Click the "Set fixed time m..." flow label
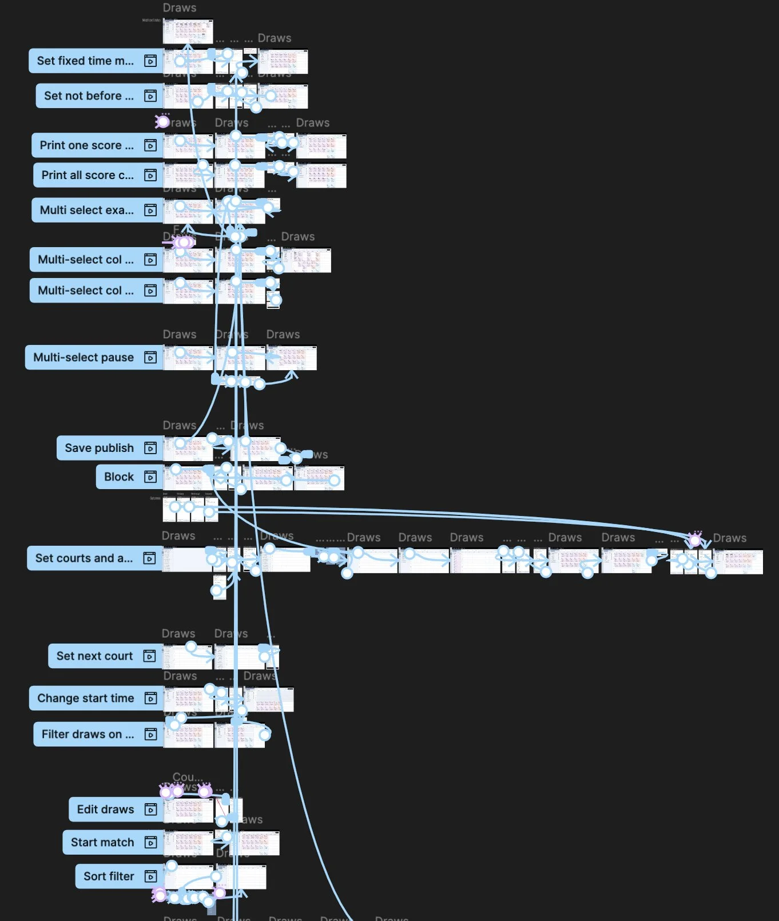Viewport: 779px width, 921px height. [x=85, y=61]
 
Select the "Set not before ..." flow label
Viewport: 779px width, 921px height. [x=89, y=96]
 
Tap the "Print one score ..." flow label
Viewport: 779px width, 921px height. [x=86, y=145]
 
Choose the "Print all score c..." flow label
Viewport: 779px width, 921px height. [x=87, y=175]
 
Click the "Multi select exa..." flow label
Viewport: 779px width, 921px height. [x=86, y=210]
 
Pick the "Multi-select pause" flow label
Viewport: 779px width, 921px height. [x=84, y=358]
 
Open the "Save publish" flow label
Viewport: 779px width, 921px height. [x=99, y=448]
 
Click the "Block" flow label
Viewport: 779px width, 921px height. [x=119, y=477]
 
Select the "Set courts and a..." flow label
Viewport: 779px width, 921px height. [x=84, y=558]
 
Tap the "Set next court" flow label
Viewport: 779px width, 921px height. [x=94, y=656]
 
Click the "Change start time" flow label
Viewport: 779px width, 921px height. [x=85, y=698]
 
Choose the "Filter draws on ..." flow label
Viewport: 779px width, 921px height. [x=88, y=735]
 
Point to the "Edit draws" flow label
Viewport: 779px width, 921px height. [x=105, y=809]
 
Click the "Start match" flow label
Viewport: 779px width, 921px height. [x=102, y=843]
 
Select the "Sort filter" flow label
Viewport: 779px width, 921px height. [x=109, y=876]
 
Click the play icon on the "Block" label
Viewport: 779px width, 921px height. [x=150, y=477]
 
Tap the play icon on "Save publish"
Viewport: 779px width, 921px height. [x=150, y=448]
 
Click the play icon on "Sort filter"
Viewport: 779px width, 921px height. [x=150, y=876]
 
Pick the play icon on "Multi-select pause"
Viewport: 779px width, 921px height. [x=150, y=358]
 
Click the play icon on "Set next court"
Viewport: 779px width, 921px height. [x=149, y=656]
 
